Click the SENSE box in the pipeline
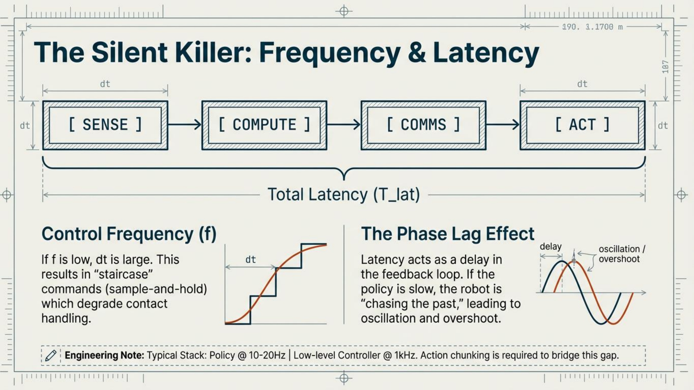[105, 125]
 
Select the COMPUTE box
[264, 125]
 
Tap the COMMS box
[424, 125]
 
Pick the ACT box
[583, 125]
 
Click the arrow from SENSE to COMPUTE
[185, 125]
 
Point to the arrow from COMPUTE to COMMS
[344, 125]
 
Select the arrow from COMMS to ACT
[503, 125]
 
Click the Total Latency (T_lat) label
[344, 194]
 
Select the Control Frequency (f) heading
[129, 234]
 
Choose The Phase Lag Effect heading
[447, 234]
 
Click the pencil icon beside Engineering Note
[51, 355]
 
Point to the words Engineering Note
[105, 355]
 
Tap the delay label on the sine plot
[551, 246]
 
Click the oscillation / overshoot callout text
[622, 254]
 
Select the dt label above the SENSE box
[105, 84]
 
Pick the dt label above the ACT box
[582, 84]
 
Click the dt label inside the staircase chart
[250, 259]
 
